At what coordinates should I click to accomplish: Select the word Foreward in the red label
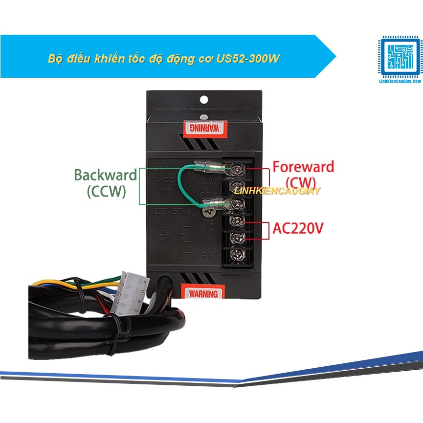[303, 167]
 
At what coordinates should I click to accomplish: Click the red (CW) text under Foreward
[303, 182]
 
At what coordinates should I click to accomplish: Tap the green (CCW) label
[106, 192]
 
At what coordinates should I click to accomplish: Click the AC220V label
[298, 228]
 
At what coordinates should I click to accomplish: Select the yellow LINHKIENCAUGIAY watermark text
[277, 191]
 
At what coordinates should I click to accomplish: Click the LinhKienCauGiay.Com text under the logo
[400, 83]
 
